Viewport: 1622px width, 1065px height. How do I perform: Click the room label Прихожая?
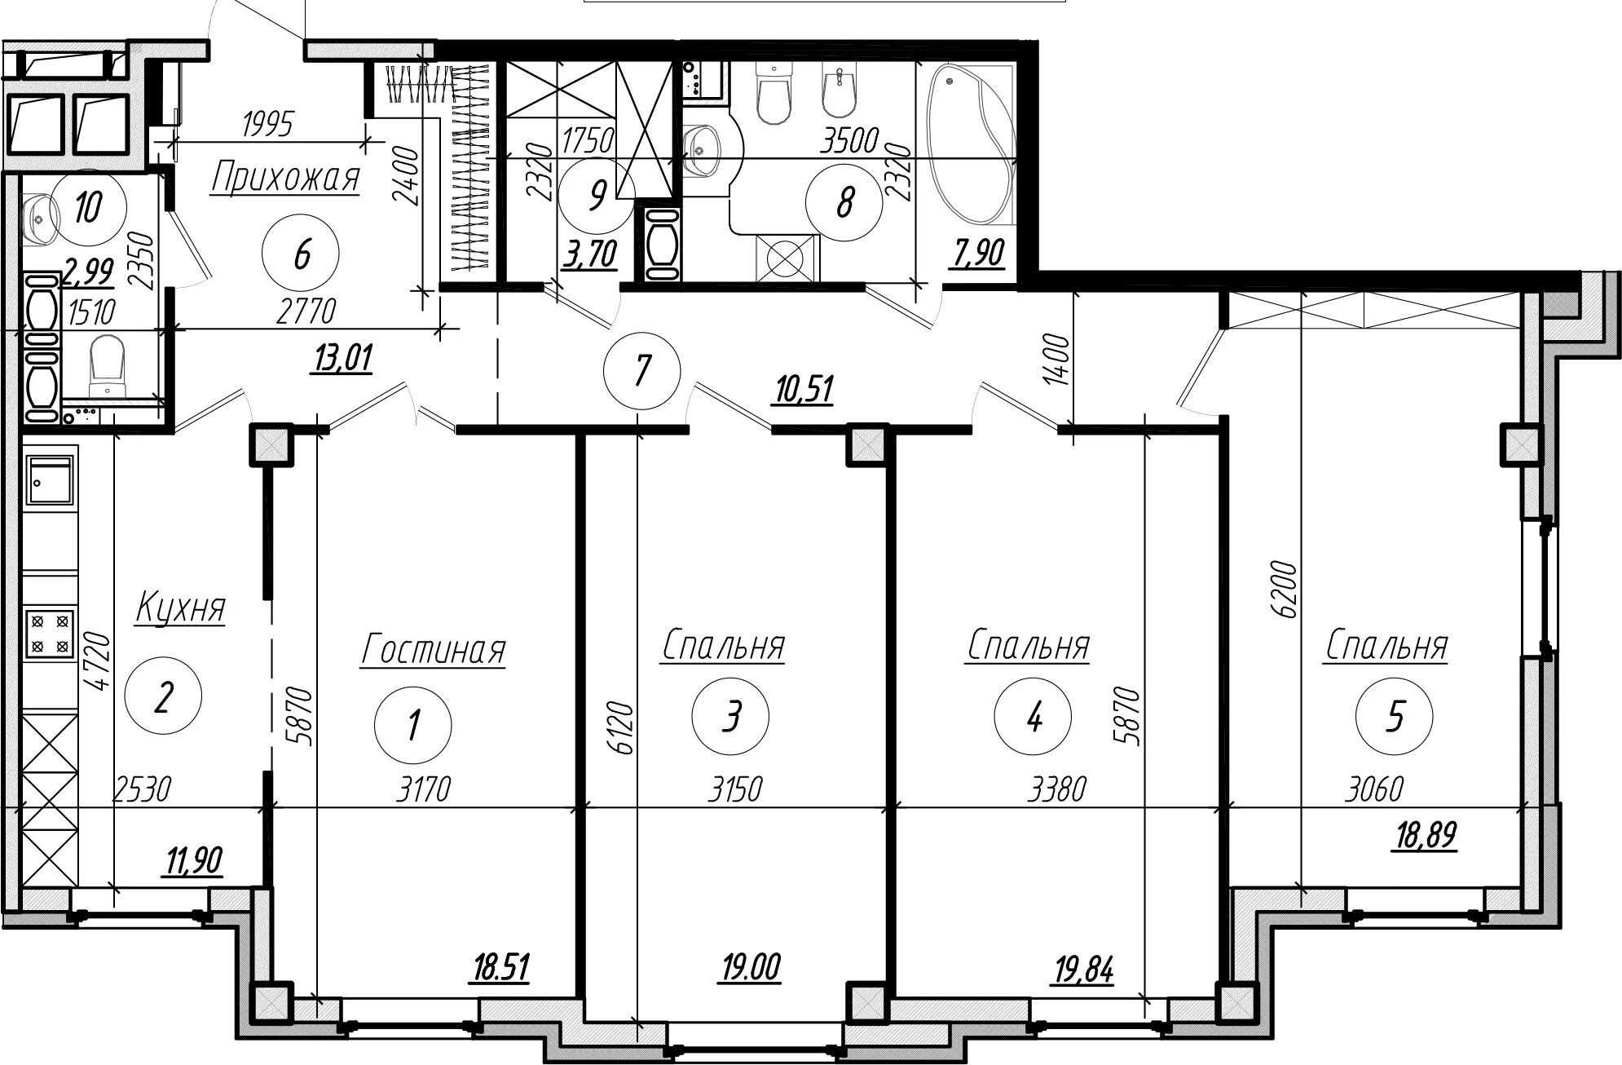click(x=285, y=179)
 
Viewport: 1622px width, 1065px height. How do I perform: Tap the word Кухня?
click(x=180, y=608)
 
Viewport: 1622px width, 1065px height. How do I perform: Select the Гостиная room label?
click(x=433, y=651)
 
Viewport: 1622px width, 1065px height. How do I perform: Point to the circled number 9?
click(x=597, y=196)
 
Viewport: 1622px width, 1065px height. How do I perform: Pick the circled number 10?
click(x=87, y=209)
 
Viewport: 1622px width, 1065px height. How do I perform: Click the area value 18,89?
click(x=1425, y=837)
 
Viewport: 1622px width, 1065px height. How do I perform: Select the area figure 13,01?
click(x=342, y=358)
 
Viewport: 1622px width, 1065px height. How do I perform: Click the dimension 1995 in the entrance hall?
click(x=267, y=125)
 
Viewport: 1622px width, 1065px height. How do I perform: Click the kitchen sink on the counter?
click(x=51, y=482)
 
